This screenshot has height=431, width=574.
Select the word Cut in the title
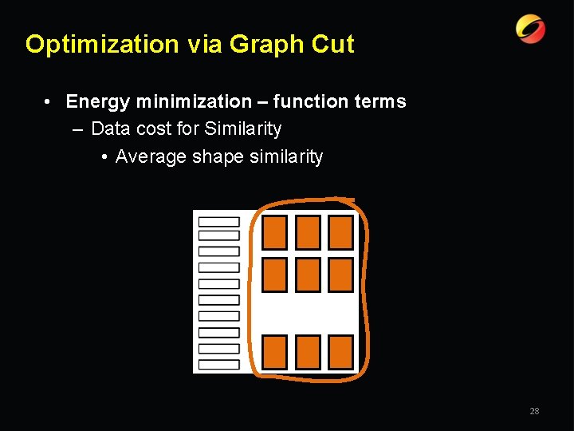pos(333,45)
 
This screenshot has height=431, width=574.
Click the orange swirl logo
pos(530,30)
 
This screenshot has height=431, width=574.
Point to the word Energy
pos(98,102)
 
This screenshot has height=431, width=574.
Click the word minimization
pos(194,102)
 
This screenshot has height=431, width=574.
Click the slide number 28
pos(534,411)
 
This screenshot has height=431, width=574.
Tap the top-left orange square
pos(274,232)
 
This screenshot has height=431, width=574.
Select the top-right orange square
pos(340,232)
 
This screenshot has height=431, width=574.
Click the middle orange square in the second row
pos(308,275)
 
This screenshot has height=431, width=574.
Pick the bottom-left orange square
pos(274,352)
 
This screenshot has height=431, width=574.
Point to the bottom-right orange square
pos(340,352)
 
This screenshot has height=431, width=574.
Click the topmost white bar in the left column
pos(218,221)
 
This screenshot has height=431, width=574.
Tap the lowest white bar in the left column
pos(218,364)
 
